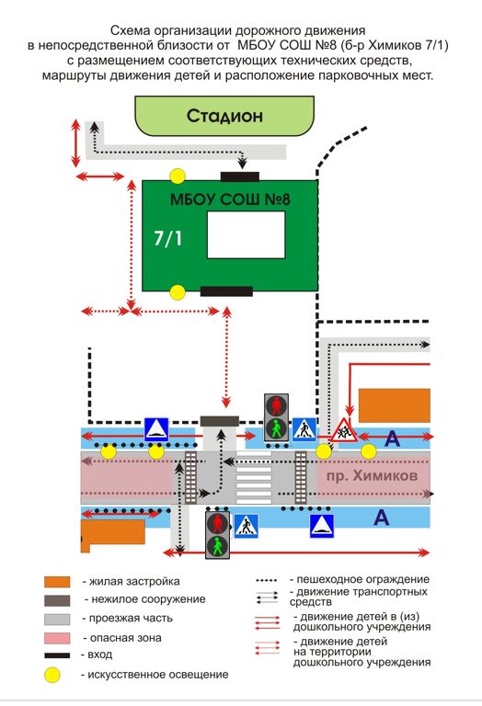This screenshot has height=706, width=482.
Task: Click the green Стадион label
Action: click(x=224, y=116)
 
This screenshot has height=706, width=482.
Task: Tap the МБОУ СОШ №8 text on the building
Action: click(x=230, y=199)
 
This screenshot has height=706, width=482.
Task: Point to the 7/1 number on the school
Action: click(x=167, y=238)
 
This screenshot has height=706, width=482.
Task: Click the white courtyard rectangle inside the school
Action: click(x=246, y=234)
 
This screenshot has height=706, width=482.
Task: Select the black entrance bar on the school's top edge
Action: click(x=240, y=176)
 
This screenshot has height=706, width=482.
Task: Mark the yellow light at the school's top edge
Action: click(x=178, y=176)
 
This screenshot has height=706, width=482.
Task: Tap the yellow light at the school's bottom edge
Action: click(x=178, y=292)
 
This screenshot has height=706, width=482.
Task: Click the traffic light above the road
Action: click(x=276, y=417)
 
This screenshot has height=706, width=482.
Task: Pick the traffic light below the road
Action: click(x=218, y=534)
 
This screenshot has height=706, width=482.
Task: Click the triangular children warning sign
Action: click(x=343, y=430)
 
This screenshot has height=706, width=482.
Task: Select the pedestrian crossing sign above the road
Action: click(x=305, y=429)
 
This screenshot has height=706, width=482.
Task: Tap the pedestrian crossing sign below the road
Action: click(x=247, y=526)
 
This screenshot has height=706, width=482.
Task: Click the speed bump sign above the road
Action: click(x=156, y=429)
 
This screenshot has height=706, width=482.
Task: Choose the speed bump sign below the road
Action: click(x=322, y=526)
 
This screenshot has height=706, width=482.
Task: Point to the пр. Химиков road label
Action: click(x=373, y=475)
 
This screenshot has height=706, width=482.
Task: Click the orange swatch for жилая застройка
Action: click(x=57, y=582)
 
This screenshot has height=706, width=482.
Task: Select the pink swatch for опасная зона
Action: click(x=57, y=638)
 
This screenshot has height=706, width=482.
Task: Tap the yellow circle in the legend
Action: click(x=52, y=675)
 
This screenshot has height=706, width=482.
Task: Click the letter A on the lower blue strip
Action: click(x=381, y=518)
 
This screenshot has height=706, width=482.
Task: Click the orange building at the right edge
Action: click(x=395, y=405)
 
